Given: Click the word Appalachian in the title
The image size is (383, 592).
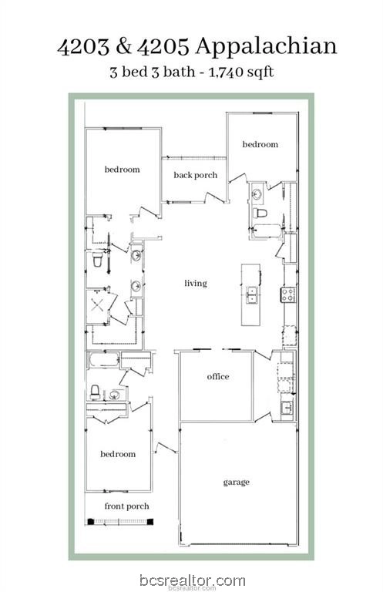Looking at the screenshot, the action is (266, 47).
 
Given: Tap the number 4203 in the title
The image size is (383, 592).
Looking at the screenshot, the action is (83, 46).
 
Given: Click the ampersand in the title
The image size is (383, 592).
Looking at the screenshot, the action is (124, 46).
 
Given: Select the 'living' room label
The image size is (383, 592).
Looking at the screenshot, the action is (196, 283).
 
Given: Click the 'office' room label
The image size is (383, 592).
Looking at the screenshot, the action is (218, 376).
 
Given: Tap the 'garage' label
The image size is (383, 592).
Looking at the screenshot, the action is (237, 482).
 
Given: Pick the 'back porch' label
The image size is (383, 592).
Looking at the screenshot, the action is (196, 175).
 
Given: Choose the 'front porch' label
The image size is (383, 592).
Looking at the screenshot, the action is (127, 506).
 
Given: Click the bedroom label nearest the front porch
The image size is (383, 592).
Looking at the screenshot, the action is (118, 454).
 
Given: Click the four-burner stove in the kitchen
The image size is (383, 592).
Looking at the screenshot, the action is (288, 294).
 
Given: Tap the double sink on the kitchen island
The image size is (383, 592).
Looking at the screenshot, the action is (252, 295).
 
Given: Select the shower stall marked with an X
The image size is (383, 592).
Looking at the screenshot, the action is (97, 305).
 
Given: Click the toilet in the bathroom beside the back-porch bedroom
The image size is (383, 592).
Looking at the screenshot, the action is (260, 214).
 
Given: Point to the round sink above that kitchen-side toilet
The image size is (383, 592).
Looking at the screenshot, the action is (257, 194).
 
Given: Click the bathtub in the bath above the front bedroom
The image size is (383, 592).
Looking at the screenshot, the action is (104, 359).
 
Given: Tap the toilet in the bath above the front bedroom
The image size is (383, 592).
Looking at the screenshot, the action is (95, 392).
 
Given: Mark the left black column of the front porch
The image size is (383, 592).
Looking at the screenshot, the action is (91, 522).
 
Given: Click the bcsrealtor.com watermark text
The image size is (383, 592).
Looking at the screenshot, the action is (193, 580).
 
